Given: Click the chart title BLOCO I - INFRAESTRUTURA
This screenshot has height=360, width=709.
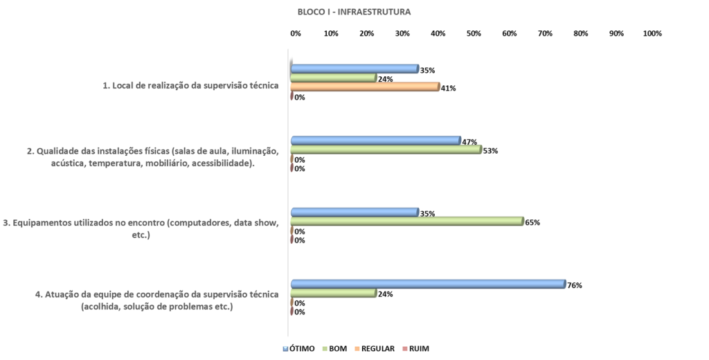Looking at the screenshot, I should click(354, 12).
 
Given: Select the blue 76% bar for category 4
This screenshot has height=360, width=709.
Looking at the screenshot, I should click(428, 284).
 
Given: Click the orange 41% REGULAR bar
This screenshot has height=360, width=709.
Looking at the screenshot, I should click(365, 87).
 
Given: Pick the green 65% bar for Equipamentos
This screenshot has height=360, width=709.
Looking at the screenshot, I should click(406, 221).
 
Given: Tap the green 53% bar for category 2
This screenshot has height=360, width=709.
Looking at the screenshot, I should click(386, 149).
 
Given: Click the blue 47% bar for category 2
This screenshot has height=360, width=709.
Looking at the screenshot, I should click(375, 140).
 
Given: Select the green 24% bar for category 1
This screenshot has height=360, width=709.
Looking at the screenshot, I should click(333, 78).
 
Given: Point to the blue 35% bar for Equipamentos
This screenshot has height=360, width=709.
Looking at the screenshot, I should click(354, 212).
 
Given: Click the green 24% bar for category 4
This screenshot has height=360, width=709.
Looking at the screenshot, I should click(333, 293).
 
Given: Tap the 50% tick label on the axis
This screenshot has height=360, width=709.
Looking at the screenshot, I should click(474, 33).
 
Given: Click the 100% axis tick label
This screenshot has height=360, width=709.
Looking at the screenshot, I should click(652, 33).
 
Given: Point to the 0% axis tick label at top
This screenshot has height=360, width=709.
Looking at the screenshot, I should click(296, 33).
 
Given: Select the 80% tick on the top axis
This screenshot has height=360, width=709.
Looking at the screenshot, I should click(580, 33).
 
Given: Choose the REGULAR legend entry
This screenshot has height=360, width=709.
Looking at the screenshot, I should click(375, 348).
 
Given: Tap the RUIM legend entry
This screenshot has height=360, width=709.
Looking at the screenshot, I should click(415, 348).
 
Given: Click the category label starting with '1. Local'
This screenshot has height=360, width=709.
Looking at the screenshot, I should click(190, 85).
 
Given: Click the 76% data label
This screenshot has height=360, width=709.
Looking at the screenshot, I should click(574, 285).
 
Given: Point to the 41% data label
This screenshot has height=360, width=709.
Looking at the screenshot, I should click(449, 89).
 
